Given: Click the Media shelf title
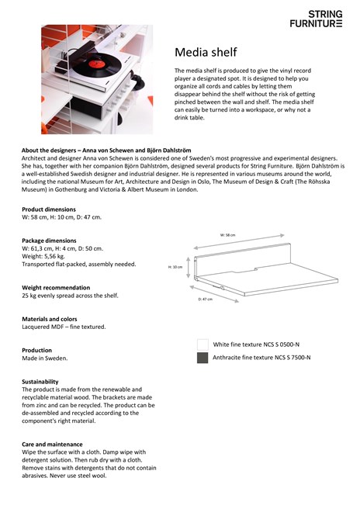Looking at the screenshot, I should coord(206,52).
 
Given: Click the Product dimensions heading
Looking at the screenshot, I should coord(49,209).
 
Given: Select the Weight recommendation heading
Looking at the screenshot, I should coord(56,287).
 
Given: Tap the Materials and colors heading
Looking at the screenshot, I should coord(50,319).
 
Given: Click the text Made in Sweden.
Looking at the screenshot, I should coord(45,358).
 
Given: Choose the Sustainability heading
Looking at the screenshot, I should coord(40,382).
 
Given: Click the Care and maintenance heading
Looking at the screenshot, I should coord(52,444).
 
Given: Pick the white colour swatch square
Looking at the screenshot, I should coord(202,345).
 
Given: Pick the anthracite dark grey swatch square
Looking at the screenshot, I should coord(202,358).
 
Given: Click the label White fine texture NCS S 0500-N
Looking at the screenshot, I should coord(256,345).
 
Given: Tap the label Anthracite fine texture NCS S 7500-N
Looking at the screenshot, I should coord(261,358).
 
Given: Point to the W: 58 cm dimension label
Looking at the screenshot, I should coord(227,234).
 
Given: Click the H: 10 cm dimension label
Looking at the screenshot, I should coord(175,267).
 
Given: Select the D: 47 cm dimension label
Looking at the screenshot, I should coord(205,299).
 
